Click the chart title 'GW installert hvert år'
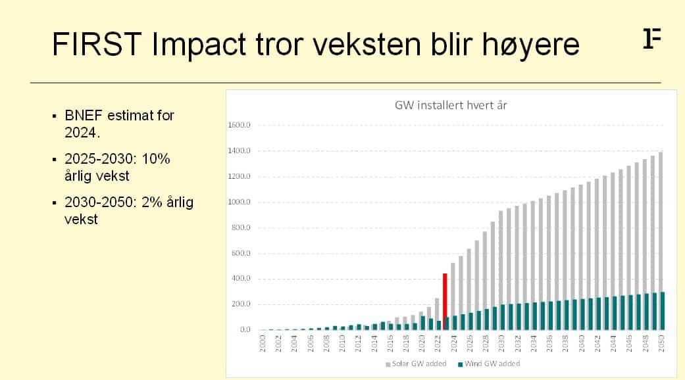pos(450,105)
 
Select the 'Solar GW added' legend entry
pos(416,364)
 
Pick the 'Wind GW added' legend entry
pos(489,364)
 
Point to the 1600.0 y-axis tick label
pos(239,125)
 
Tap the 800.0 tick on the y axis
pos(240,227)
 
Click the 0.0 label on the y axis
pos(245,329)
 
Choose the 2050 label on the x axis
pos(661,343)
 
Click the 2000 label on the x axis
pos(262,343)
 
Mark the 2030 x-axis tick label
pos(501,343)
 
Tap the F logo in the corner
pos(652,38)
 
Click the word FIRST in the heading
pos(97,44)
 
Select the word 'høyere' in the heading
pos(531,46)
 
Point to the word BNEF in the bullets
pos(84,116)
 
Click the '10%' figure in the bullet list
pos(155,159)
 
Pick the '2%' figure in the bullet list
pos(152,202)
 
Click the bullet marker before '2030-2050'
pos(54,203)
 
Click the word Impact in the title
pos(199,45)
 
